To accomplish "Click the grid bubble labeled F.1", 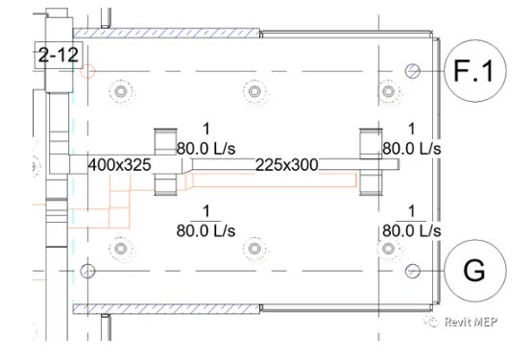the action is click(475, 71).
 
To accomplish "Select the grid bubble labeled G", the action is click(475, 271).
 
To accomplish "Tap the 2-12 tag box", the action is click(59, 55).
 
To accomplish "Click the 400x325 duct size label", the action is click(119, 165).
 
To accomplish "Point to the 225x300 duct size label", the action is click(287, 165).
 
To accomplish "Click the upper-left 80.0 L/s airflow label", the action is click(206, 149).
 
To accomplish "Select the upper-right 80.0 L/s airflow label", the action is click(412, 149).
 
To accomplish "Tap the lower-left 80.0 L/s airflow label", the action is click(206, 231).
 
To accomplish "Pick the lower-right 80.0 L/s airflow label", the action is click(412, 231).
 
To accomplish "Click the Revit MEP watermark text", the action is click(471, 322).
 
